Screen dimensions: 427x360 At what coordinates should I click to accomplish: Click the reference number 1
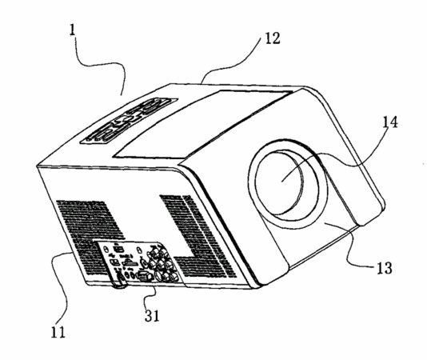tap(73, 30)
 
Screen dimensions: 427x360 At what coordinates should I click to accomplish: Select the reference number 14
tap(390, 122)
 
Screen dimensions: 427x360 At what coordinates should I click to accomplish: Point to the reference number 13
tap(385, 268)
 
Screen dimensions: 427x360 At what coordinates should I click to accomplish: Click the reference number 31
tap(152, 315)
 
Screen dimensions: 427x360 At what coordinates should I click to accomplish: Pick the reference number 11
tap(58, 332)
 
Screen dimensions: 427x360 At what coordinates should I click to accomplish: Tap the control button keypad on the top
tap(129, 121)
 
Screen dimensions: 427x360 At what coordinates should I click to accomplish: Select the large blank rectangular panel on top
tap(202, 125)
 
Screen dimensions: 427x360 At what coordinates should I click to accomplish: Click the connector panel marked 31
tap(139, 262)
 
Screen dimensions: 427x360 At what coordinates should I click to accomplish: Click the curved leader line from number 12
tap(231, 65)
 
